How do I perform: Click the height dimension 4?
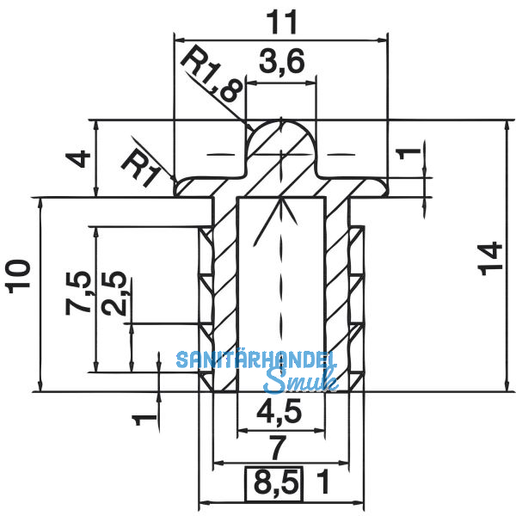(x=77, y=160)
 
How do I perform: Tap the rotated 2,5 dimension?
(x=117, y=293)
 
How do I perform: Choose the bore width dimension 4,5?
(x=280, y=414)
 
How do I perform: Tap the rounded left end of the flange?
(x=178, y=187)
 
